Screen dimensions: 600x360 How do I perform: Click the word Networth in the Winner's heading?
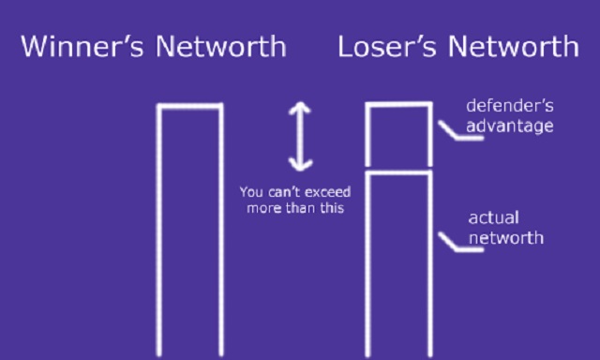pos(226,46)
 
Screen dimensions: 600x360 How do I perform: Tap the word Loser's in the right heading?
pos(381,46)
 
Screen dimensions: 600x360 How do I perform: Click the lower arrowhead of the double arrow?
pos(299,164)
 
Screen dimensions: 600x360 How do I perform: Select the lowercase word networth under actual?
pos(505,237)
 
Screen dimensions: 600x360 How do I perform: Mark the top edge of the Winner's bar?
pos(189,107)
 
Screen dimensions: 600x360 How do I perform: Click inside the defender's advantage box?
pos(397,138)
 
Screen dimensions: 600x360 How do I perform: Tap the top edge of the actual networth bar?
pos(397,173)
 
